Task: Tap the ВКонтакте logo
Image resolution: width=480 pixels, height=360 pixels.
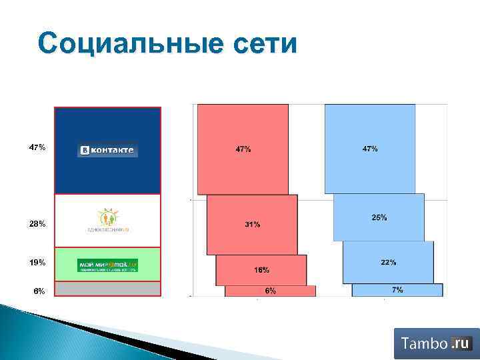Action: (x=107, y=151)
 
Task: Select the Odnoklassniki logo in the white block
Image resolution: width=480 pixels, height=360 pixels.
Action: (x=107, y=219)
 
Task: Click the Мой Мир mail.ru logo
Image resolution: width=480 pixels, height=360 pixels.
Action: (x=107, y=265)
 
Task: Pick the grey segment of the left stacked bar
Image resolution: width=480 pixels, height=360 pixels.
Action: (x=107, y=289)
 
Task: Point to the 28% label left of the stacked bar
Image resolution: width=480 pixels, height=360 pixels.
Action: (x=37, y=224)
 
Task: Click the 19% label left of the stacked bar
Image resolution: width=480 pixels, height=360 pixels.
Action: (x=37, y=263)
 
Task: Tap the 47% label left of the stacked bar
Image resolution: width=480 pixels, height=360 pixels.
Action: (x=37, y=147)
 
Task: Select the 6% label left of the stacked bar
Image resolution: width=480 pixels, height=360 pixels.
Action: (x=39, y=291)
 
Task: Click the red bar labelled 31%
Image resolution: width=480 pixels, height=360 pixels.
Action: (x=252, y=225)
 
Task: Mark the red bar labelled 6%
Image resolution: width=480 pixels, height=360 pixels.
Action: (x=270, y=291)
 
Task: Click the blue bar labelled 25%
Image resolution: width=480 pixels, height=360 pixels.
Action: (x=379, y=218)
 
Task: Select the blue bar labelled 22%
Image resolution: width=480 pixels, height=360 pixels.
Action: (x=388, y=263)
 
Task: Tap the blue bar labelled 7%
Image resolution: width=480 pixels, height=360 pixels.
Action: (x=397, y=290)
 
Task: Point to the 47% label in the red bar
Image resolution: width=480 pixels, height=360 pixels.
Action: (x=243, y=149)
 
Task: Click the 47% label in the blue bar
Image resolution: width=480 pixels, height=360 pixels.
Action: (x=370, y=149)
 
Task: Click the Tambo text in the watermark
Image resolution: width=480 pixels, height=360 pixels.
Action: (x=423, y=344)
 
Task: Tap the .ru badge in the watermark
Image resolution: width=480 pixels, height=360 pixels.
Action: (x=460, y=343)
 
